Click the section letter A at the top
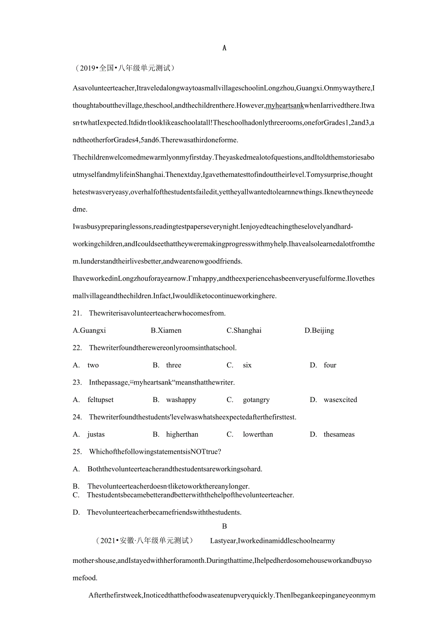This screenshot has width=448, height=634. pos(224,48)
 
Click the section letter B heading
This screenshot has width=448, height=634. pos(224,526)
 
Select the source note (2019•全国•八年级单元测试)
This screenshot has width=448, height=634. pos(125,68)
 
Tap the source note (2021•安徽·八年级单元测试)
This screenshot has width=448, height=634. pos(145,540)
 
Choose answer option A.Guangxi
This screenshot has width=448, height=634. pos(89,330)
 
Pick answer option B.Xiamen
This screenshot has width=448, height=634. pos(166,330)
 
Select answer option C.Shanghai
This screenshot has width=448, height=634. pos(244,330)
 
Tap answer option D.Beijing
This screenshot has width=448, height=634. pos(319,330)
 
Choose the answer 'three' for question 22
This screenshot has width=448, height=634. pos(173,365)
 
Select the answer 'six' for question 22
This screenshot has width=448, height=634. pos(247,365)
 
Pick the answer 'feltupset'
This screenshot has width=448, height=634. pos(100,400)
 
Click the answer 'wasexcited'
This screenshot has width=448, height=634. pos(340,400)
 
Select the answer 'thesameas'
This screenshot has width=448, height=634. pos(339,434)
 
